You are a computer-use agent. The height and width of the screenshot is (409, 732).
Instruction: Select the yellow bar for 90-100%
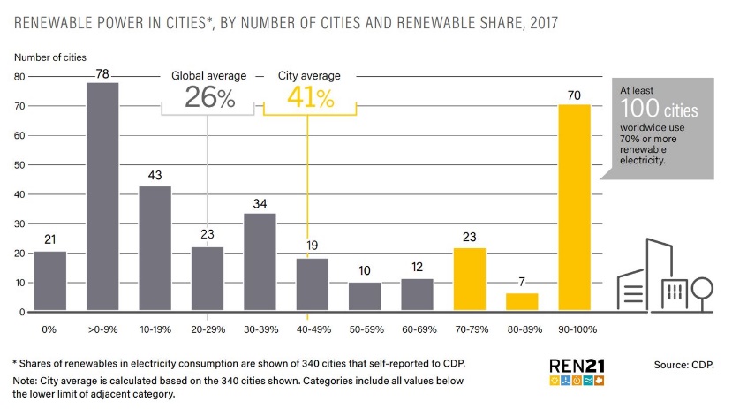tap(574, 208)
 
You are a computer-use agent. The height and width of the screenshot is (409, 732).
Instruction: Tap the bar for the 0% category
tap(49, 281)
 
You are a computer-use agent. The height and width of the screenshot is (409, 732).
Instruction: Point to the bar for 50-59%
tap(364, 297)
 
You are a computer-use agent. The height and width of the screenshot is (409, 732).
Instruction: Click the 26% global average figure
tap(209, 98)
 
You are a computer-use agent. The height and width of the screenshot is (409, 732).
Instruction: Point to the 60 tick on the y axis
tap(19, 135)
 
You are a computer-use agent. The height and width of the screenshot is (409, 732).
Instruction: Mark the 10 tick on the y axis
tap(19, 283)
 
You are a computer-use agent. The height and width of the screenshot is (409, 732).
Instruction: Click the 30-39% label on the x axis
tap(260, 329)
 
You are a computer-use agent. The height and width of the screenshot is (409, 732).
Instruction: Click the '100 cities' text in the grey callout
tap(658, 110)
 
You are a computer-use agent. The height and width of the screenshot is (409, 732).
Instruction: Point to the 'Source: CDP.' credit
tap(683, 364)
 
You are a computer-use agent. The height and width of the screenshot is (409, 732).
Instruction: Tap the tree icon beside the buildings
tap(703, 291)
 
